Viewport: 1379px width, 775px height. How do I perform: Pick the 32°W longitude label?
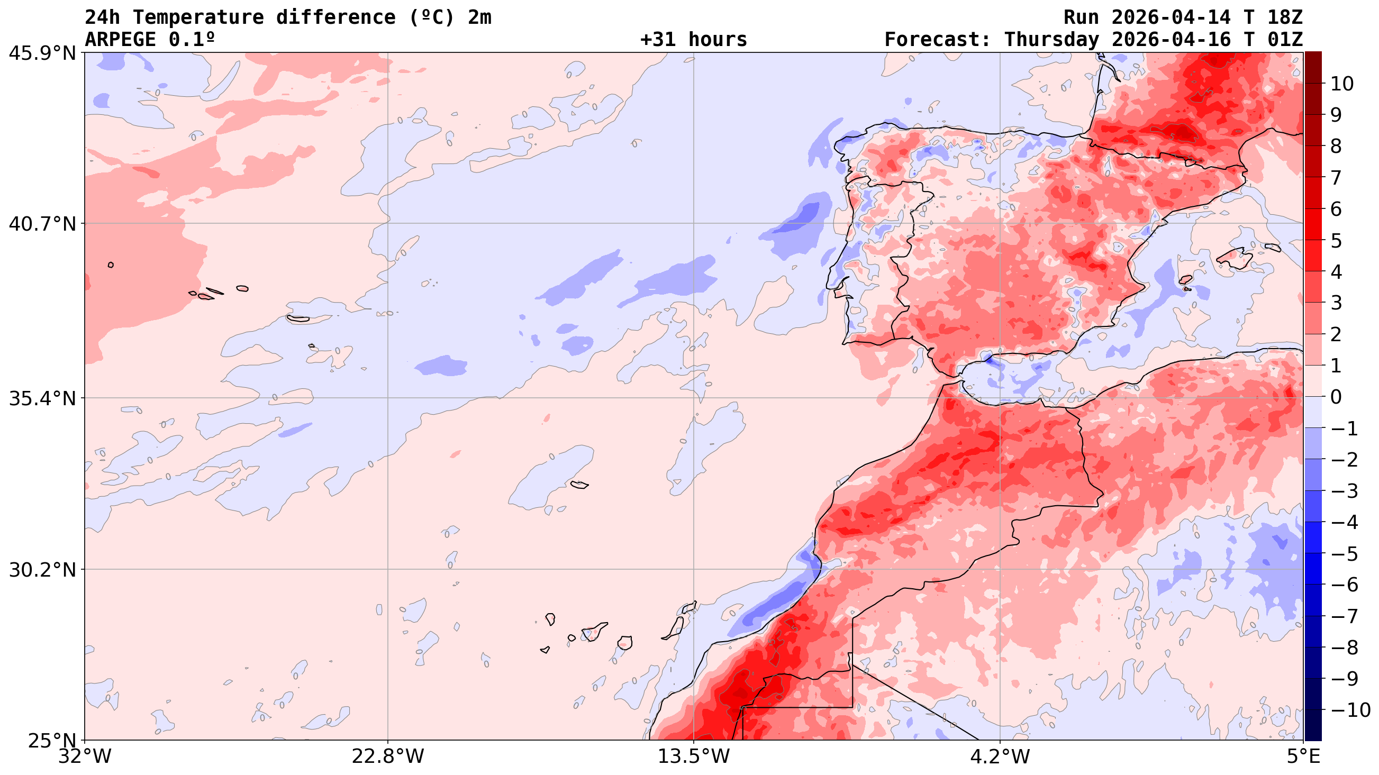point(85,757)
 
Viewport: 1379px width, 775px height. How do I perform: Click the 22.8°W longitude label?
point(387,757)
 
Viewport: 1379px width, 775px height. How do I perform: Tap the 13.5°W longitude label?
point(694,757)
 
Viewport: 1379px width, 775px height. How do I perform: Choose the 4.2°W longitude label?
point(1000,757)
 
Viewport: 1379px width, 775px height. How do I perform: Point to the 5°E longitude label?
point(1303,757)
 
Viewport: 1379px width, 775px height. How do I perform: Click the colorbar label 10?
point(1342,84)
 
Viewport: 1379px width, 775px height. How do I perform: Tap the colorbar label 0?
point(1336,397)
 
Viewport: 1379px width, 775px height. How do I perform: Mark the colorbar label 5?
point(1336,241)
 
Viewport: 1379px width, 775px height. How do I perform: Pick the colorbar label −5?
point(1344,554)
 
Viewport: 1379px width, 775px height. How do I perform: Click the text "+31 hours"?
point(693,40)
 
